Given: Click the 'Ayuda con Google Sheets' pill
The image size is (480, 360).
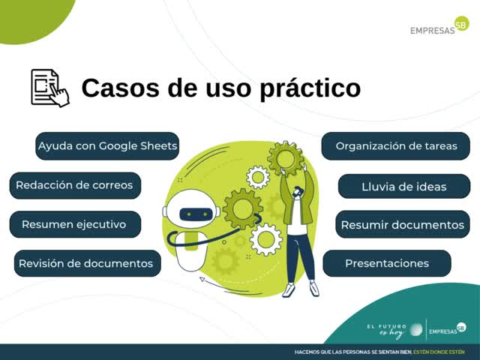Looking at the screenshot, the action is click(107, 146).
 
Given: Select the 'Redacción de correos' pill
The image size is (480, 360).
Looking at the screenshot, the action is click(75, 185).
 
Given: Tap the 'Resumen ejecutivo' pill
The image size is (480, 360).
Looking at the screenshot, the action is click(75, 224).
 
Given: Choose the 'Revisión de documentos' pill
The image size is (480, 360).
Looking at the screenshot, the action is click(88, 263).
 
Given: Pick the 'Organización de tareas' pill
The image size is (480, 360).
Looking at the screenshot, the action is click(395, 146).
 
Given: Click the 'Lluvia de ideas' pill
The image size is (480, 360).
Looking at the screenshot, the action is click(404, 187).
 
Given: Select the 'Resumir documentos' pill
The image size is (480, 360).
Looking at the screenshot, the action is click(403, 224).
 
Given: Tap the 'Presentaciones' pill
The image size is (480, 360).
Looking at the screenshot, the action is click(387, 263).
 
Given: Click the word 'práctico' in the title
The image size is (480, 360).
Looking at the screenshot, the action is click(310, 88).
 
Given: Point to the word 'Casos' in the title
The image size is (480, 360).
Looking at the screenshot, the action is click(120, 88).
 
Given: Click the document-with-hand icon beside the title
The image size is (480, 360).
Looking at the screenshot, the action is click(50, 88).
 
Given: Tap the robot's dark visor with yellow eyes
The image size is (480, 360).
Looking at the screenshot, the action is click(196, 214).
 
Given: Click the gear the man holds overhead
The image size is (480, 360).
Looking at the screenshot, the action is click(286, 157).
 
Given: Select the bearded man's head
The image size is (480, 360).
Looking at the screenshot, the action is click(298, 192).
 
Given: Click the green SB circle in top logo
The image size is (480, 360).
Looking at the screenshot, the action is click(461, 24).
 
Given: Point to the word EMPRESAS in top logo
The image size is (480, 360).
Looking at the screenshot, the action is click(433, 31).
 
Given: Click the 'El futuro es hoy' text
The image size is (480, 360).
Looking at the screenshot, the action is click(387, 331).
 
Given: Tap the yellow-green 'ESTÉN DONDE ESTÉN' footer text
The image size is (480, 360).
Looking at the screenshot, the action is click(439, 352).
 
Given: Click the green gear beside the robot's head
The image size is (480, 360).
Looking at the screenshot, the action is click(243, 209).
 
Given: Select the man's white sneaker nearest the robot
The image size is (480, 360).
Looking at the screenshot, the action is click(289, 290).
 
